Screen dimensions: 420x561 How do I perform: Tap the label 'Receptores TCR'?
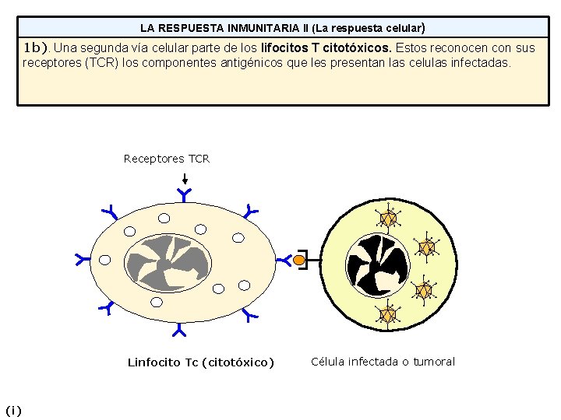pos(167,159)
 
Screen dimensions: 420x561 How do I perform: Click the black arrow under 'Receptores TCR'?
pos(183,177)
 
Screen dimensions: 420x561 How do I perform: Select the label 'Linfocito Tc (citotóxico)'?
pos(200,362)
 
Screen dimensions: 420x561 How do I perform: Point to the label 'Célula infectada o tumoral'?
pos(383,361)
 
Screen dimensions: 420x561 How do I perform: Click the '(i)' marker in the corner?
pos(13,410)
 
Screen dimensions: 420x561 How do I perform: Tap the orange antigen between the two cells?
pos(299,261)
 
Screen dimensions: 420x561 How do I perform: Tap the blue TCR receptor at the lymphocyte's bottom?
pos(180,331)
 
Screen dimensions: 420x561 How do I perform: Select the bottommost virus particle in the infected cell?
pos(387,315)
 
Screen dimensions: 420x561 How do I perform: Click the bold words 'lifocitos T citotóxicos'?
pos(326,47)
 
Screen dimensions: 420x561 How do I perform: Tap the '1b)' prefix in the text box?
pos(36,47)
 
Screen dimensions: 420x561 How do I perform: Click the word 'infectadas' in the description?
pos(482,62)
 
